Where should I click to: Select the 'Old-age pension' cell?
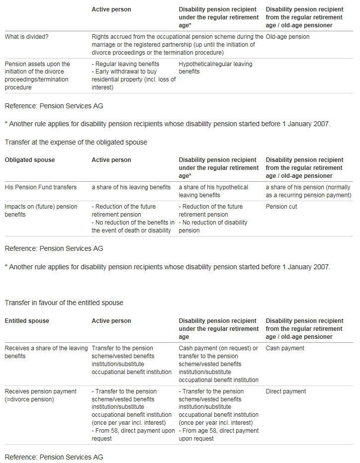[287, 37]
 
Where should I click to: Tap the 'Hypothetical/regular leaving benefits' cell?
[215, 68]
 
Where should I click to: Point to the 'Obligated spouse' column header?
[30, 160]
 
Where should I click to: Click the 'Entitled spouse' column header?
[27, 321]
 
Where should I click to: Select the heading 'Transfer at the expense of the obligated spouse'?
[76, 143]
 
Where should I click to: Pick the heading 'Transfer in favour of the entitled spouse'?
[64, 303]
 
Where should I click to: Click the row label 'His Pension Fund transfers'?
[41, 187]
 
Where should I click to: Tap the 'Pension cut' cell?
[281, 207]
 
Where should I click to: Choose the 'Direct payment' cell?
[286, 391]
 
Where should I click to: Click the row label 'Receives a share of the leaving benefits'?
[46, 352]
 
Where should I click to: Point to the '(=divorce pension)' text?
[29, 399]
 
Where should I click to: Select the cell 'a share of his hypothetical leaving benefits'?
[213, 191]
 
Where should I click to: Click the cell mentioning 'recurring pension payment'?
[308, 191]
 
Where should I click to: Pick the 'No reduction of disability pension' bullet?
[213, 227]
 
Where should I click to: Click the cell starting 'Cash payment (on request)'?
[218, 364]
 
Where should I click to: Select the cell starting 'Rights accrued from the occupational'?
[177, 45]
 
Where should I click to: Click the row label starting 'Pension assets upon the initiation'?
[38, 76]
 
